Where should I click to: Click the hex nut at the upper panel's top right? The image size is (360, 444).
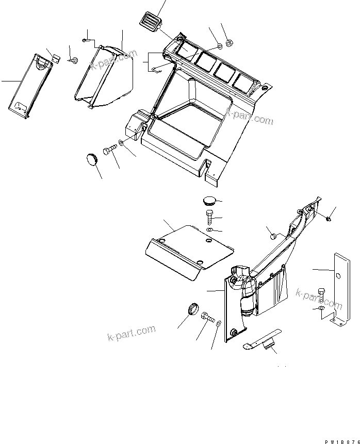(x=231, y=43)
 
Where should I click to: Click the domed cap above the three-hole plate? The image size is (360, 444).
(x=209, y=200)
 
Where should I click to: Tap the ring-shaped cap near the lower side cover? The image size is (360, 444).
(x=192, y=309)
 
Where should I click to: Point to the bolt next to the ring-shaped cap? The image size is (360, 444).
(x=207, y=318)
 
